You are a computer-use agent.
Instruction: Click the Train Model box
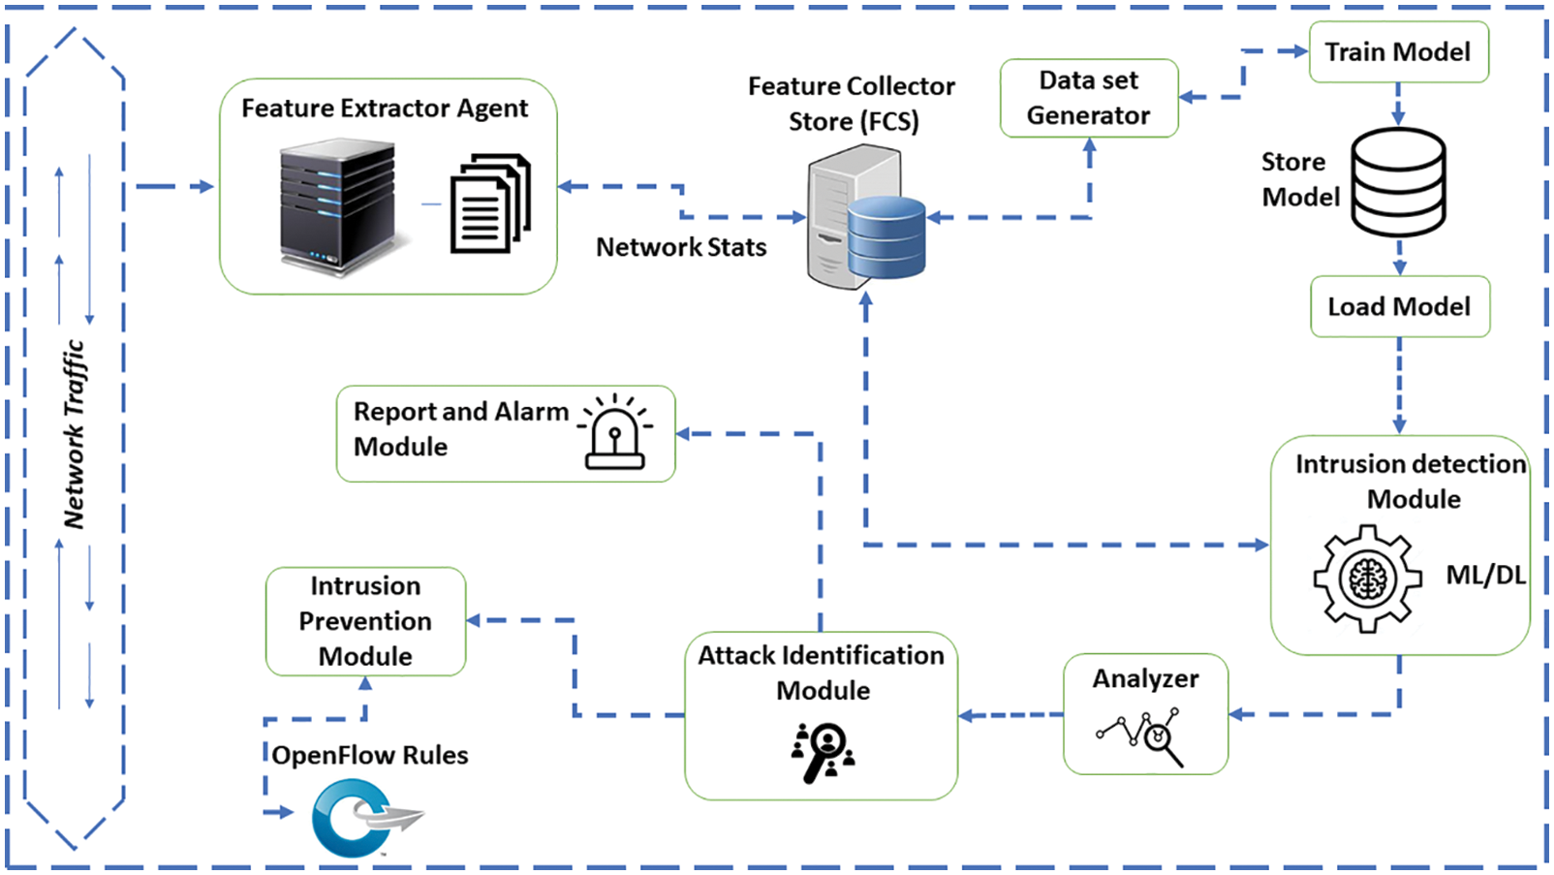(1397, 52)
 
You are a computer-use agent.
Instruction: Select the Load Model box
(1399, 307)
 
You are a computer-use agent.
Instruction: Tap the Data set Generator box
(1088, 98)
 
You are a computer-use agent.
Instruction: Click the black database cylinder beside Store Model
(1398, 183)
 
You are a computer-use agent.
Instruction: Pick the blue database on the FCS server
(886, 236)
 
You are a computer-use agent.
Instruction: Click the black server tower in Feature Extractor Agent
(338, 205)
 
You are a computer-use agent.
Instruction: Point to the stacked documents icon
(490, 204)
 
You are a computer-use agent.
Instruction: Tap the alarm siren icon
(615, 432)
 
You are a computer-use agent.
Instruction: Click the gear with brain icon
(1367, 578)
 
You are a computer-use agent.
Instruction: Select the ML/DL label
(1484, 576)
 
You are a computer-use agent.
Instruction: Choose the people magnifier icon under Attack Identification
(823, 752)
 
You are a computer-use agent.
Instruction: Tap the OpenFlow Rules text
(370, 756)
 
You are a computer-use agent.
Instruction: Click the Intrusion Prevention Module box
(365, 621)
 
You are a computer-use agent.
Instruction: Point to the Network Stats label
(680, 248)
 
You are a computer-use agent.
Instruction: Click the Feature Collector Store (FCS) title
(852, 104)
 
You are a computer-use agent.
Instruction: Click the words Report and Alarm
(460, 412)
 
